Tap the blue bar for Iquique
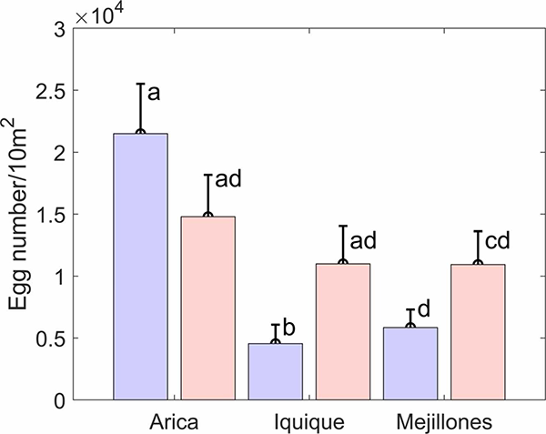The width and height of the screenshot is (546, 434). click(275, 370)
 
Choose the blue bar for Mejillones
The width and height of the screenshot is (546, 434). click(410, 363)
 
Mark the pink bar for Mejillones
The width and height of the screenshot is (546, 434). click(478, 331)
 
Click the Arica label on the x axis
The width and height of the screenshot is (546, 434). click(174, 422)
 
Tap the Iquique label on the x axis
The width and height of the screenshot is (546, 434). click(308, 422)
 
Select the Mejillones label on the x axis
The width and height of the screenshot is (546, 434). click(444, 422)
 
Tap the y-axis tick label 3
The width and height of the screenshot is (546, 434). click(60, 29)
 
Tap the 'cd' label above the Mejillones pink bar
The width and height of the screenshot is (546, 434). click(496, 240)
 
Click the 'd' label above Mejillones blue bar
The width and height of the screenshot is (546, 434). click(424, 314)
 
